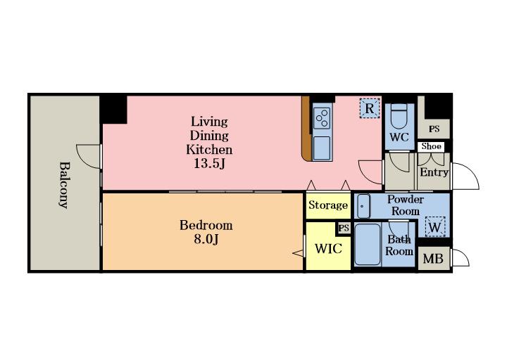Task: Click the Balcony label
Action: (63, 185)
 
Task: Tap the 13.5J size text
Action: (209, 164)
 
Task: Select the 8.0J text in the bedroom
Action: (206, 239)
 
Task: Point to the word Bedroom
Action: (206, 225)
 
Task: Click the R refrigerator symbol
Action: (370, 108)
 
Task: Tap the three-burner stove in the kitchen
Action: (322, 118)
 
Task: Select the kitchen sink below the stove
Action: (322, 148)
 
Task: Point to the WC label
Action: (399, 137)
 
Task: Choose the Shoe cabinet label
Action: (432, 146)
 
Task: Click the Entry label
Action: (434, 172)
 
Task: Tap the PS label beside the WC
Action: (434, 129)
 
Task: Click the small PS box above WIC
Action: (344, 229)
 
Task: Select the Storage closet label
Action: (328, 205)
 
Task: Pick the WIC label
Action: (328, 249)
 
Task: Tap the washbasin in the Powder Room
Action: (363, 206)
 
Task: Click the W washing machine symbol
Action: (435, 227)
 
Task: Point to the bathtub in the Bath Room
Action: (368, 245)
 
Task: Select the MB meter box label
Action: (433, 259)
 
